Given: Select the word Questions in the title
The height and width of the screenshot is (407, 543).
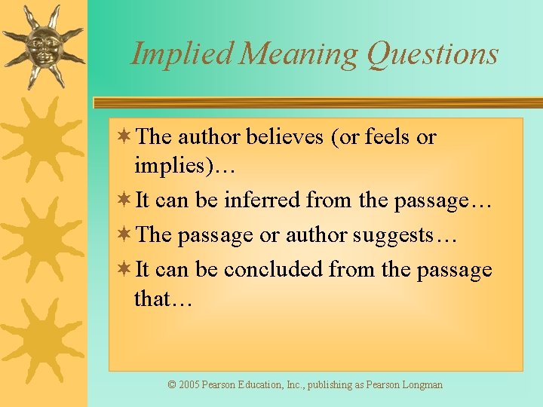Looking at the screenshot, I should pyautogui.click(x=433, y=54).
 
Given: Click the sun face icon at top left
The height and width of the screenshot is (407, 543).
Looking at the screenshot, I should pyautogui.click(x=43, y=45).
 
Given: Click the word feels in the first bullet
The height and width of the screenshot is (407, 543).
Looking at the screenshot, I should pyautogui.click(x=387, y=137).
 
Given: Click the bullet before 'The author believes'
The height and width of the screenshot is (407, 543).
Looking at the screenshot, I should pyautogui.click(x=125, y=136).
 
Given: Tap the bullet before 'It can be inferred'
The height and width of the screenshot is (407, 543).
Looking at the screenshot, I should pyautogui.click(x=125, y=200).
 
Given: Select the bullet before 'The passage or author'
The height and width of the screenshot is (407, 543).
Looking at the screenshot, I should pyautogui.click(x=125, y=234).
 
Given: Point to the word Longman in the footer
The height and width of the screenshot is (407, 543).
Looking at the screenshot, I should pyautogui.click(x=422, y=384).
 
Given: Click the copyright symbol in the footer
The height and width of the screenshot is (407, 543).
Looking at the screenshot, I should pyautogui.click(x=172, y=384).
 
